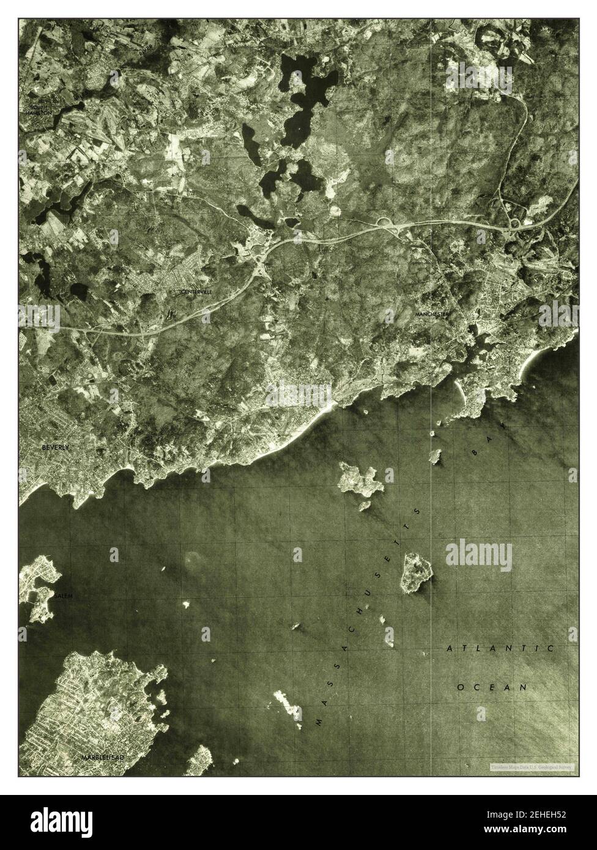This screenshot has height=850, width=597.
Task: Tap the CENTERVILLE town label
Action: (x=196, y=292)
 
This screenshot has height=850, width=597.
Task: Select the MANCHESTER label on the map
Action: (x=432, y=314)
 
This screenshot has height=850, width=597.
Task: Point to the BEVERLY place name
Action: (x=56, y=448)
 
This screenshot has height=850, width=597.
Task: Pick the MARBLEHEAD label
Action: (x=103, y=758)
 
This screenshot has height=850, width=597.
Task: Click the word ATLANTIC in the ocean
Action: (x=500, y=648)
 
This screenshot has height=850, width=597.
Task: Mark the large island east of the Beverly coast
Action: (x=360, y=479)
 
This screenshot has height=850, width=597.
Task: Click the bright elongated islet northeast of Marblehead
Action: (x=287, y=704)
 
